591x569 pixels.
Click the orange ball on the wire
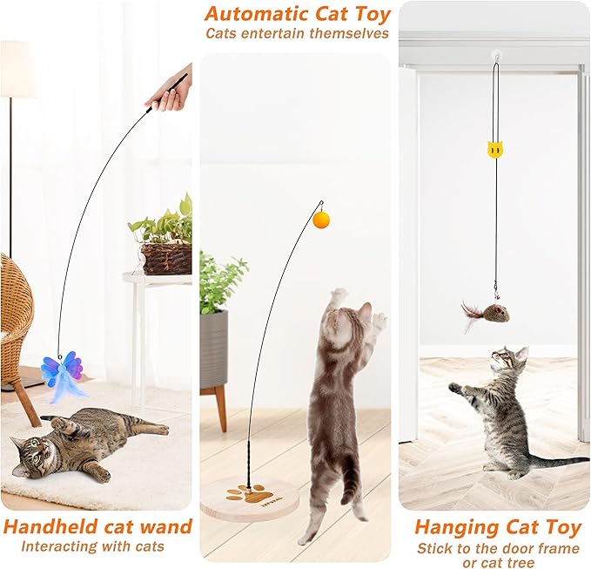323,220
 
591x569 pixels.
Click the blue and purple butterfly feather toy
62,372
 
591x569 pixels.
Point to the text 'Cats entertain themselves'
297,34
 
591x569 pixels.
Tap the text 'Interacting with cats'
92,546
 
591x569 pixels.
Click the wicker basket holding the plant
166,258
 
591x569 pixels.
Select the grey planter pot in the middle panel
213,349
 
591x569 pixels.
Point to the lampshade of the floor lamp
16,70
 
